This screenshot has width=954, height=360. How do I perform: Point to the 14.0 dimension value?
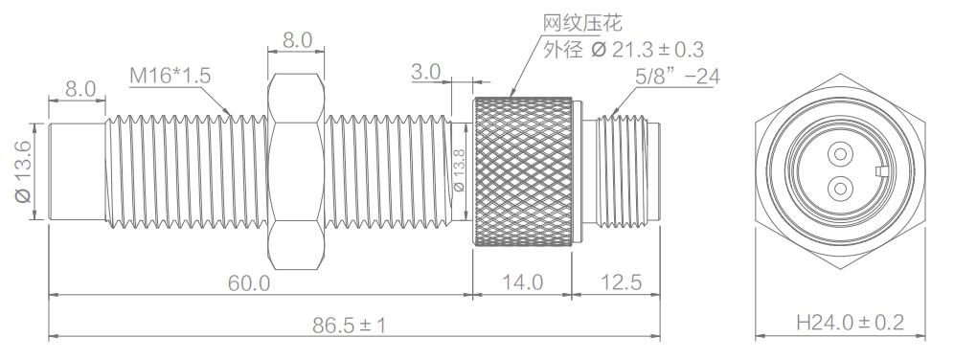tap(523, 283)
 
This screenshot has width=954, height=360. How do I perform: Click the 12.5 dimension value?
tap(618, 283)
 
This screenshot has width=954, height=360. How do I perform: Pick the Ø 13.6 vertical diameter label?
tap(22, 171)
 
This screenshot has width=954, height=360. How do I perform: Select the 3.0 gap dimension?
tap(425, 72)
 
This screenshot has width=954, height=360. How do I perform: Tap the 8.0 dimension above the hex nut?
tap(297, 40)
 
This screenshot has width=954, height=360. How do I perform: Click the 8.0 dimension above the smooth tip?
tap(79, 89)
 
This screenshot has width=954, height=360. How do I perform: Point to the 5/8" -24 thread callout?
tap(677, 76)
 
